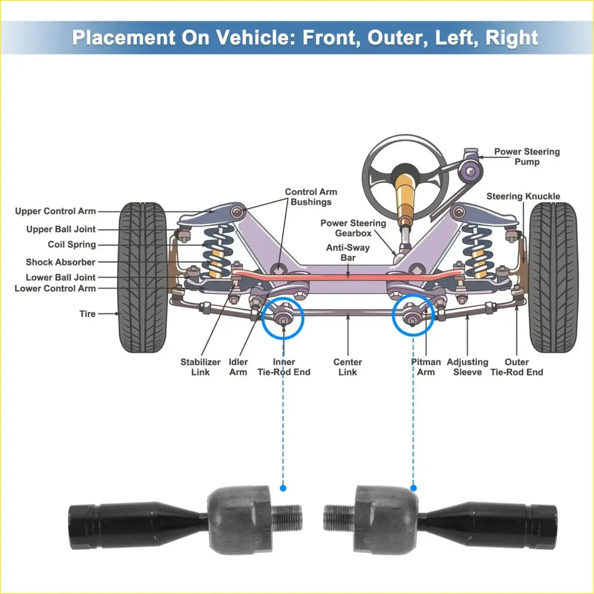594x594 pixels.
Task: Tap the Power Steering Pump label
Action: click(x=527, y=157)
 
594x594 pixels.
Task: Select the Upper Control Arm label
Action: click(x=55, y=211)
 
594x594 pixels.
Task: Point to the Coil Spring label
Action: click(x=72, y=245)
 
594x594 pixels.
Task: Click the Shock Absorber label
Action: click(x=61, y=262)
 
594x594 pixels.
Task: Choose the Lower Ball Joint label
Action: click(x=61, y=277)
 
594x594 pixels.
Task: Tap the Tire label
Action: click(x=87, y=314)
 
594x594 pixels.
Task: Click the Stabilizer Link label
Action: click(x=200, y=367)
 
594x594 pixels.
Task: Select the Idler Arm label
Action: click(x=238, y=367)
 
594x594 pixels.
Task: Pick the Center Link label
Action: click(x=347, y=367)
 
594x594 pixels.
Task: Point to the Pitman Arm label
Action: click(x=426, y=367)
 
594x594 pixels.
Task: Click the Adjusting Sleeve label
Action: click(x=467, y=367)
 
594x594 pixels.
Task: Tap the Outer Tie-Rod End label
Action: click(x=516, y=367)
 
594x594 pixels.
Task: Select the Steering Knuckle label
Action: click(x=523, y=197)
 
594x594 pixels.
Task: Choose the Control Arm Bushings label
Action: click(x=311, y=197)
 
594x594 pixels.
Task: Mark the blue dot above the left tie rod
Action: click(x=283, y=488)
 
